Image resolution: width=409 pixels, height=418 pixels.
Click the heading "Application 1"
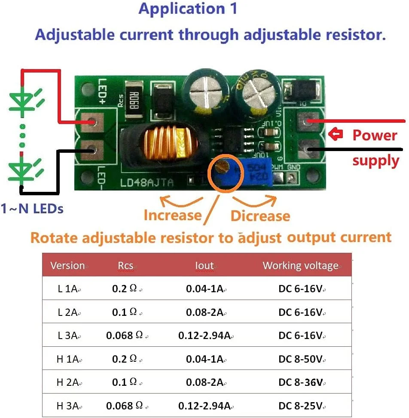tap(188, 9)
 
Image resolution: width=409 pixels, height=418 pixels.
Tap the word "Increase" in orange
tap(172, 215)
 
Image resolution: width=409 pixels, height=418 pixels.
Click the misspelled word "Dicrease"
tap(260, 216)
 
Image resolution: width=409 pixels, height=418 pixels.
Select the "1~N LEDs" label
tap(32, 209)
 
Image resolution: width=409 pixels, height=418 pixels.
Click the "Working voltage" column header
tap(300, 265)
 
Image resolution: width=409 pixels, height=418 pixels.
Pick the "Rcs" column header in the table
tap(125, 266)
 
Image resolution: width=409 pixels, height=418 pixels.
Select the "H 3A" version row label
tap(67, 405)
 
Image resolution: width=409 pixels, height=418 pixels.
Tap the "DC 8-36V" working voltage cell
tap(300, 382)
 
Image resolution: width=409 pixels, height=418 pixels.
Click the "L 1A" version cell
tap(67, 289)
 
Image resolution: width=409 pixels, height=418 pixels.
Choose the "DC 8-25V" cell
tap(300, 405)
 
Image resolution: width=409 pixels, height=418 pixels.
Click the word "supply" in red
tap(375, 161)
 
